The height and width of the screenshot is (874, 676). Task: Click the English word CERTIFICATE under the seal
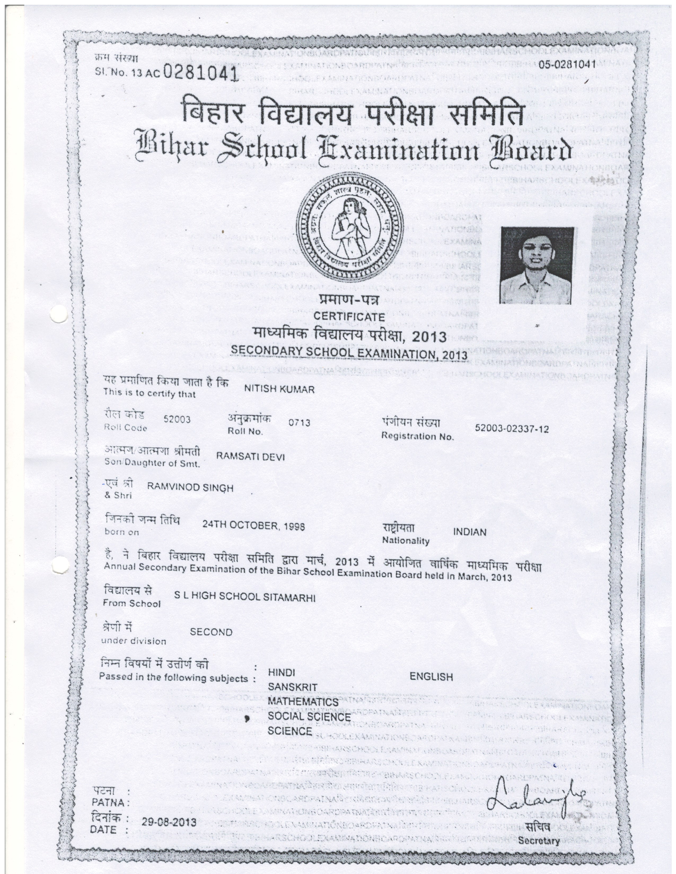349,316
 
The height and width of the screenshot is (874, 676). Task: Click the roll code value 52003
177,420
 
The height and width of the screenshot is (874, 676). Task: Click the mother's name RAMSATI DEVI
250,457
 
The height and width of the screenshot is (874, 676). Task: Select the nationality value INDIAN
470,532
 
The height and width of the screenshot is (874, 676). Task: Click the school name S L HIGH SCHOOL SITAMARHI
245,597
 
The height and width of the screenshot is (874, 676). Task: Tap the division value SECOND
211,632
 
